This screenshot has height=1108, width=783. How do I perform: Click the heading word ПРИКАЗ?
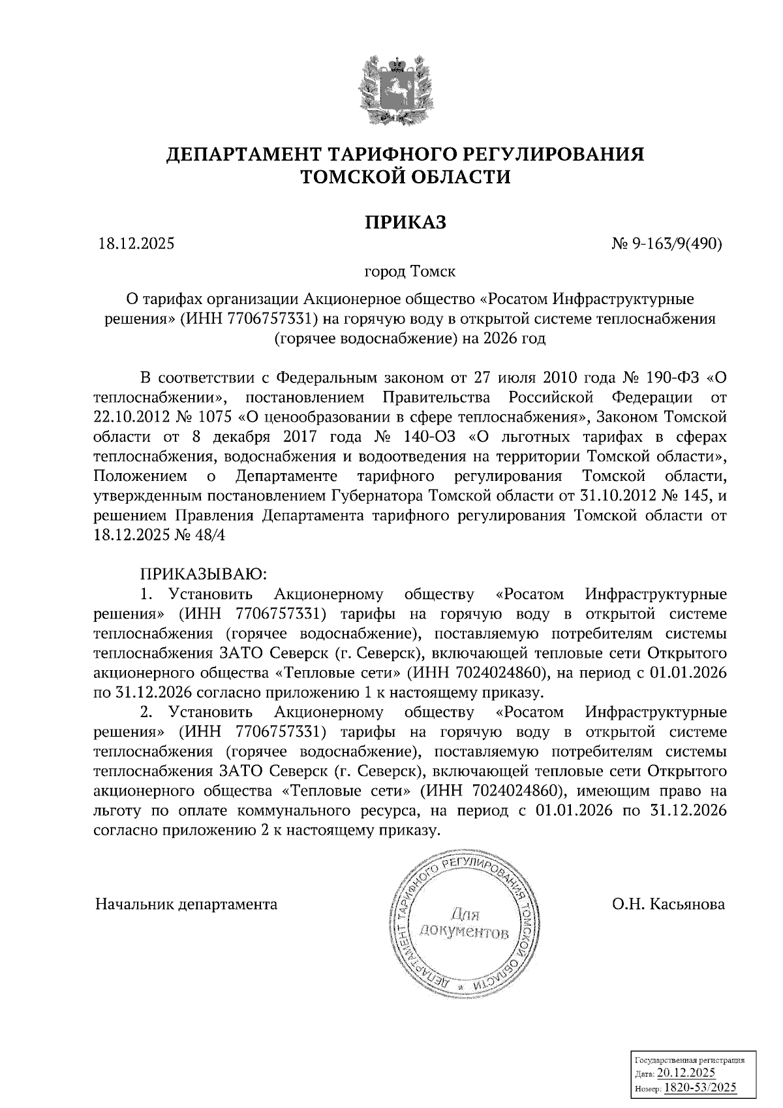click(x=405, y=222)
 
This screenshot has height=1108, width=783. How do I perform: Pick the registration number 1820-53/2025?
click(x=700, y=1088)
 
